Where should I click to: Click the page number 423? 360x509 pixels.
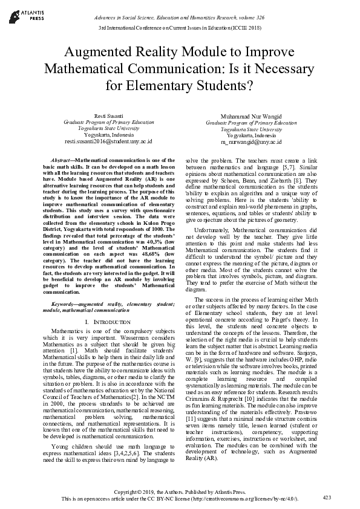pos(327,498)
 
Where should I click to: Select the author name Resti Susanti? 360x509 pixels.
pos(108,115)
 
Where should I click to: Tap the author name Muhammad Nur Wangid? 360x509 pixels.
pos(251,115)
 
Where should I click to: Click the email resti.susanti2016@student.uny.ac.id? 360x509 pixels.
pos(108,141)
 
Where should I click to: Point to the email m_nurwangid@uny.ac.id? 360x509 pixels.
pos(251,141)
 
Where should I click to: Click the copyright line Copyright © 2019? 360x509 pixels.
pos(180,491)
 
